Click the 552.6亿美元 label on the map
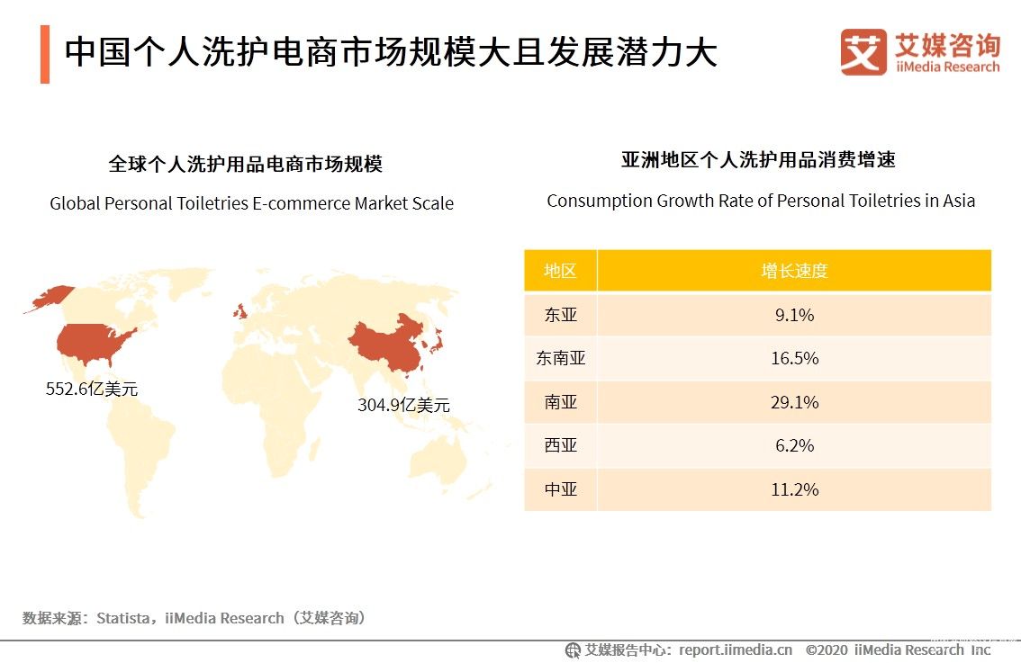(92, 390)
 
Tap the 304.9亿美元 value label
(403, 405)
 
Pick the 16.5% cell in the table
(794, 358)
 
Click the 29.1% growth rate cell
(794, 402)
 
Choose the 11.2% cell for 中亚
(794, 489)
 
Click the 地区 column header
(560, 271)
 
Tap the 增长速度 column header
(794, 271)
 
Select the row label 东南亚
(560, 358)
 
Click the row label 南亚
(560, 402)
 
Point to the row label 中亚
(560, 489)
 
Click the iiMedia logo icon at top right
(863, 52)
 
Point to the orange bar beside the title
(45, 54)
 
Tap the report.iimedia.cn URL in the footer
(736, 650)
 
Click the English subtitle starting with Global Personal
(251, 203)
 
